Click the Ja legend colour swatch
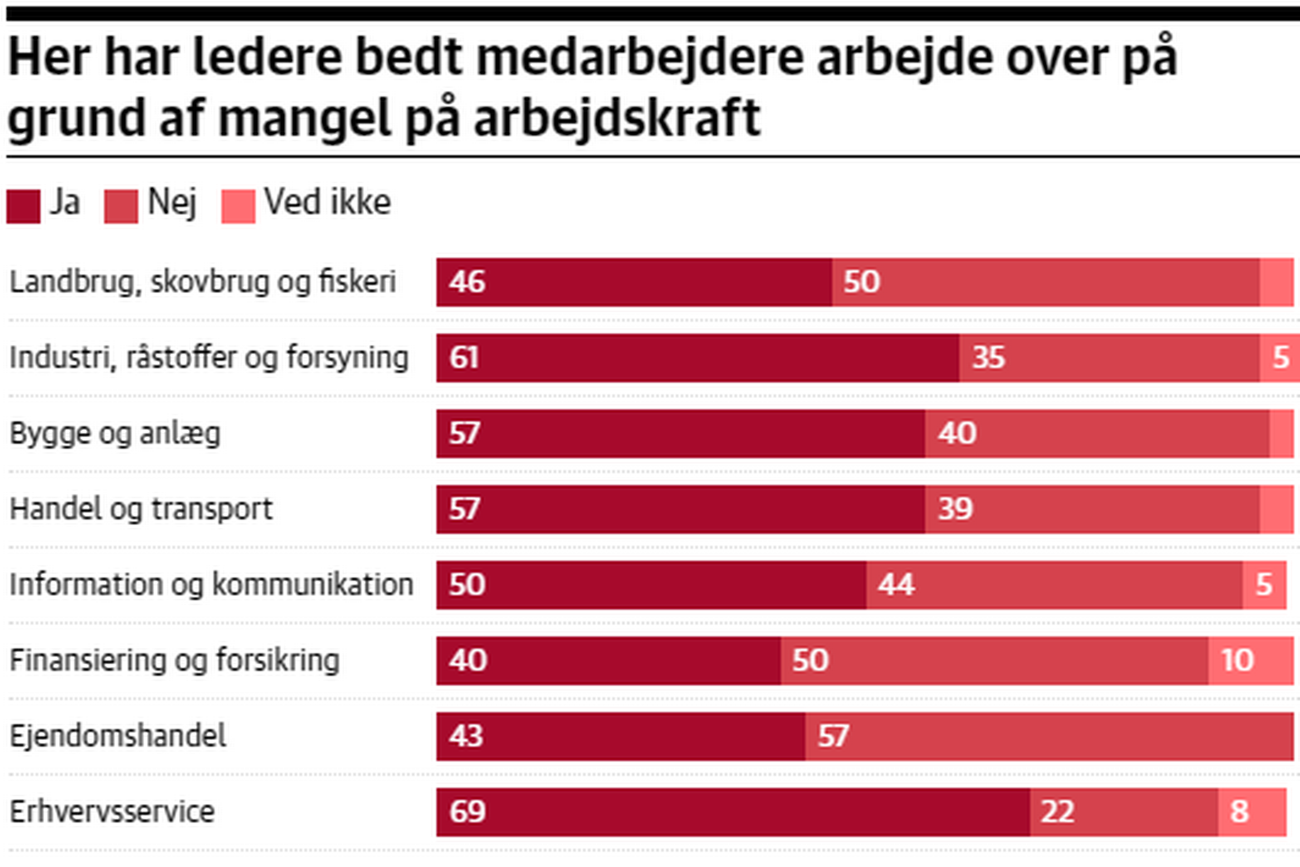click(x=23, y=206)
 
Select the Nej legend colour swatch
click(x=121, y=206)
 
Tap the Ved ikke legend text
click(x=327, y=202)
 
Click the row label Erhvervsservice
click(x=112, y=812)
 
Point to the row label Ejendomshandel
click(x=118, y=736)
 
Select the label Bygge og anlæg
click(x=115, y=433)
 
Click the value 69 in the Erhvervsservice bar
click(x=467, y=812)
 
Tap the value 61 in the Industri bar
click(x=464, y=357)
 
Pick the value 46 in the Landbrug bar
click(x=467, y=281)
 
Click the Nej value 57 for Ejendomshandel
click(x=833, y=736)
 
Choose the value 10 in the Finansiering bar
click(x=1237, y=660)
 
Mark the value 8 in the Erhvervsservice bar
click(x=1239, y=812)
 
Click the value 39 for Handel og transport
click(x=955, y=509)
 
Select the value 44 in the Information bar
click(x=896, y=585)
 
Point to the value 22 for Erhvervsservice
click(x=1057, y=812)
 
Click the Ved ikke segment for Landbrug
click(x=1276, y=282)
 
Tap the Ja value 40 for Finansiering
click(x=468, y=660)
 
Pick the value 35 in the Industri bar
click(x=989, y=357)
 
